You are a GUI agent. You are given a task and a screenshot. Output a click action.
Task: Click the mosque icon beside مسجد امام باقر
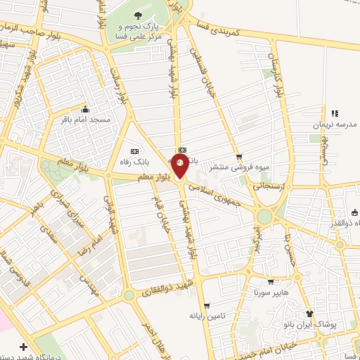point(86,109)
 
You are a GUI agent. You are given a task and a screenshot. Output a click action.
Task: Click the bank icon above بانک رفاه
point(134,150)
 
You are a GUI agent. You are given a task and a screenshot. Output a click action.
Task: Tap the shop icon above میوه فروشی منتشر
point(240,157)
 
